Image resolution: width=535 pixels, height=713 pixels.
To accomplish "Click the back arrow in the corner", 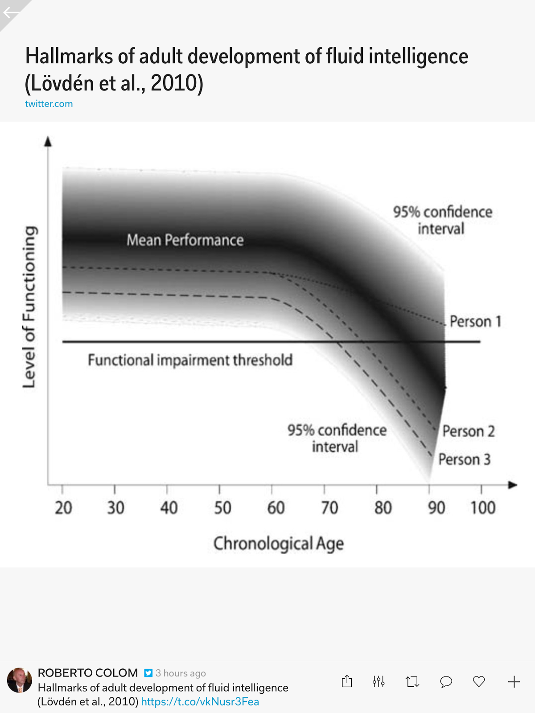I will coord(11,12).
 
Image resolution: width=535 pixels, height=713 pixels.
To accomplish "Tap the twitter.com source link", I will coord(49,104).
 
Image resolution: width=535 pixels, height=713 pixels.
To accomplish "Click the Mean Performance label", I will coord(185,240).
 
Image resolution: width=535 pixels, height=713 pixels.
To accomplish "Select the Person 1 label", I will coord(475,321).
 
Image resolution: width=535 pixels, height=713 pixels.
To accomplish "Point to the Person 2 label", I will coord(469,431).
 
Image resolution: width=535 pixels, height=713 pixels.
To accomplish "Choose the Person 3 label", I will coord(465,459).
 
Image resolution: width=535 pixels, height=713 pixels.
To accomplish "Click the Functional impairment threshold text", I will coord(190,360).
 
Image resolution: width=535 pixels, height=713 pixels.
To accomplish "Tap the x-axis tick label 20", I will coord(63,508).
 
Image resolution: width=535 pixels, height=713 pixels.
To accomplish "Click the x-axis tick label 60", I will coord(276,508).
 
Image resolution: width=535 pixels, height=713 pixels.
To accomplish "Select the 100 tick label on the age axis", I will coord(483,508).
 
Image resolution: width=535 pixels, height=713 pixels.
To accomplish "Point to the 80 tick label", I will coord(383,508).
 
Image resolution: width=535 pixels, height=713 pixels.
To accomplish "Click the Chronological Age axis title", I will coord(279,544).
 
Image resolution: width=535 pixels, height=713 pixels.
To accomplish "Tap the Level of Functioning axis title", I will coord(29,307).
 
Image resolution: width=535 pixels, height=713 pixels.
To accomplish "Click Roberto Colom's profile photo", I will coord(19,680).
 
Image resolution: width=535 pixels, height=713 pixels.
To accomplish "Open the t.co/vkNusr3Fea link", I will coord(200,702).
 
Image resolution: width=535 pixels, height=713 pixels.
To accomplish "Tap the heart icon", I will coord(479,681).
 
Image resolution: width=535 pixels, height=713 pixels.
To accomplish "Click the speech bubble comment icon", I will coord(446,681).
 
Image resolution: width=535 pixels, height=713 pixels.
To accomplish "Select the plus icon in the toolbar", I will coord(514,681).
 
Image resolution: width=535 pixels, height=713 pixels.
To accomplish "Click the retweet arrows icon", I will coord(412,681).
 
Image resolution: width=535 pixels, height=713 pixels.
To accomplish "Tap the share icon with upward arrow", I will coord(347,681).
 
